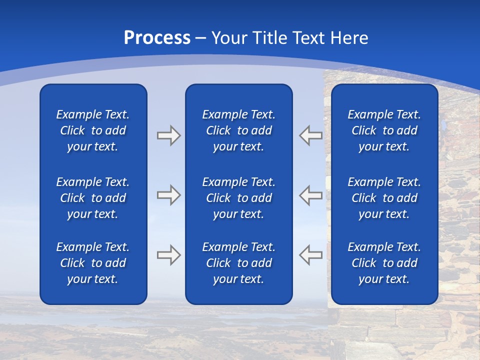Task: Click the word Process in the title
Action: point(157,38)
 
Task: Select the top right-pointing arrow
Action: point(168,135)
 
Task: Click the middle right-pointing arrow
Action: point(168,195)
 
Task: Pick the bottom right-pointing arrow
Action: point(168,254)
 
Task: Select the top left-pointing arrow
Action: point(310,135)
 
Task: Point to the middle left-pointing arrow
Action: point(310,195)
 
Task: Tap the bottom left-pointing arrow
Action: point(310,254)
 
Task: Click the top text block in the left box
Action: point(93,130)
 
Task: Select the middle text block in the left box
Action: point(93,198)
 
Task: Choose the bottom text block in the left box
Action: point(93,263)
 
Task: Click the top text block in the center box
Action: point(239,130)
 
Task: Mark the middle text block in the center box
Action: point(239,198)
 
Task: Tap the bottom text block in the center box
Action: point(239,263)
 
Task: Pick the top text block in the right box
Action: point(384,130)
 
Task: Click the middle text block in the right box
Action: point(384,198)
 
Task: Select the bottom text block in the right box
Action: point(384,263)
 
